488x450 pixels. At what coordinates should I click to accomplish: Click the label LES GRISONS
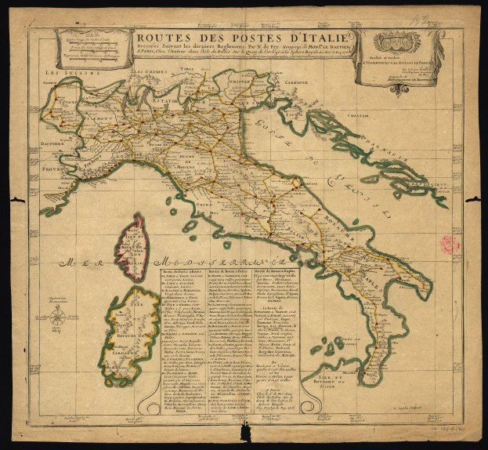click(x=147, y=73)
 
